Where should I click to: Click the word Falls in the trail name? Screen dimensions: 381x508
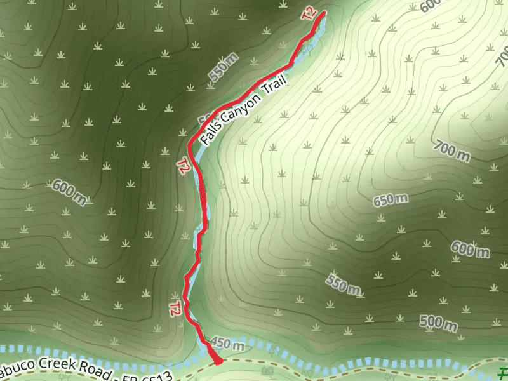point(211,131)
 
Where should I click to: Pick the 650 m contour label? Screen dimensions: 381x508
point(390,201)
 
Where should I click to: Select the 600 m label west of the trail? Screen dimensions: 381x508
point(69,192)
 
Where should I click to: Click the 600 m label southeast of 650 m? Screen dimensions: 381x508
point(471,249)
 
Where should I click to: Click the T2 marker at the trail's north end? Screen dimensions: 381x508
point(309,15)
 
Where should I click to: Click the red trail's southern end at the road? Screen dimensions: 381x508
point(218,362)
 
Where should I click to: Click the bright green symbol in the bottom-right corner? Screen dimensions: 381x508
point(502,373)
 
